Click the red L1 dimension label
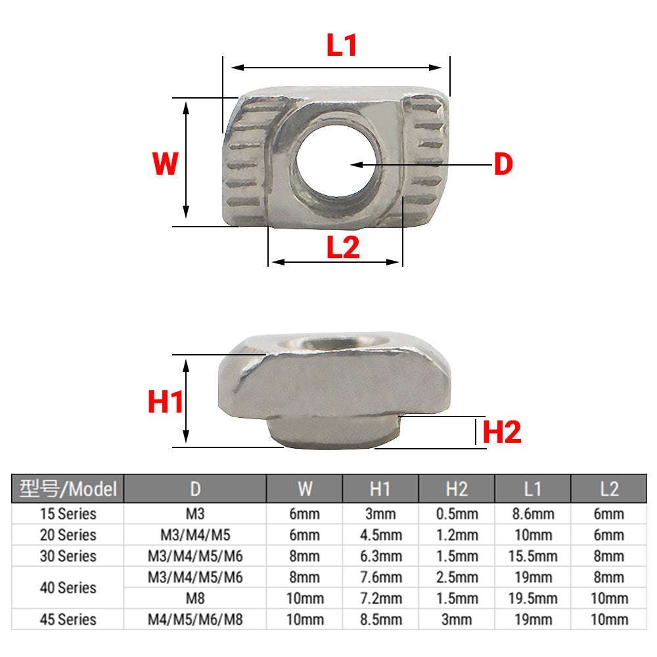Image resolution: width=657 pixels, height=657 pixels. point(342,45)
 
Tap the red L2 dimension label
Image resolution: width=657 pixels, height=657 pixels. point(343,247)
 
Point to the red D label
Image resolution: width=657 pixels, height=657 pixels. point(503,164)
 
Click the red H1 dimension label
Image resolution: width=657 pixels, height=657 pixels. point(166,401)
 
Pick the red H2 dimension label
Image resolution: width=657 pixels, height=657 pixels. point(502,432)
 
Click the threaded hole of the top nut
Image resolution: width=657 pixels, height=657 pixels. point(338,161)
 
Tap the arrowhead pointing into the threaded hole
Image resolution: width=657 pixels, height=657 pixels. point(357,165)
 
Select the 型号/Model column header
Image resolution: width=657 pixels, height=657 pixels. point(68,489)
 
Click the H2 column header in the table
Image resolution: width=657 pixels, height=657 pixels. point(457,489)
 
